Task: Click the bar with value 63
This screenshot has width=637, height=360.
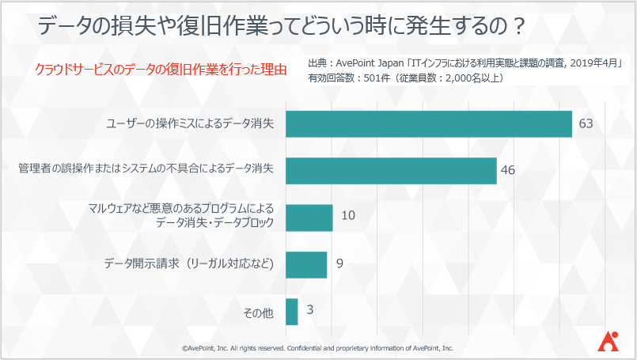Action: (428, 124)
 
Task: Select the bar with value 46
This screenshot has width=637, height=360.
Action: (391, 170)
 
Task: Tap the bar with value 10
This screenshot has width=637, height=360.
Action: (309, 218)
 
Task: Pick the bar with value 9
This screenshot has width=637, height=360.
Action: (306, 264)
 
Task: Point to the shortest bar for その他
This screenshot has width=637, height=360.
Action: (291, 311)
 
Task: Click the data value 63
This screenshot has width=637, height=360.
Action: (586, 124)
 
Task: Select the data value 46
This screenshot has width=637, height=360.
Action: (508, 170)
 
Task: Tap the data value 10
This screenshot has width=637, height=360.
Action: (348, 215)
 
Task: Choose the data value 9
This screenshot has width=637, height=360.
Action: (339, 263)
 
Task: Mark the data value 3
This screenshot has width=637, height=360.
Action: (310, 310)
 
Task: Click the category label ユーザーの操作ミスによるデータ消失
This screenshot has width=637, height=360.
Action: (190, 124)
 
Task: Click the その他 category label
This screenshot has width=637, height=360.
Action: (258, 313)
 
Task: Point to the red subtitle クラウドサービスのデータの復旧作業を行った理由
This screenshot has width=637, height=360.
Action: (161, 70)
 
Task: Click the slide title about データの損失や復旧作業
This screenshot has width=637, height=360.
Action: (282, 28)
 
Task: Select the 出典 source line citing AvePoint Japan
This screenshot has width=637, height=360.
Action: (465, 63)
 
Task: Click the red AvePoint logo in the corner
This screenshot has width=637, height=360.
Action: (609, 339)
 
